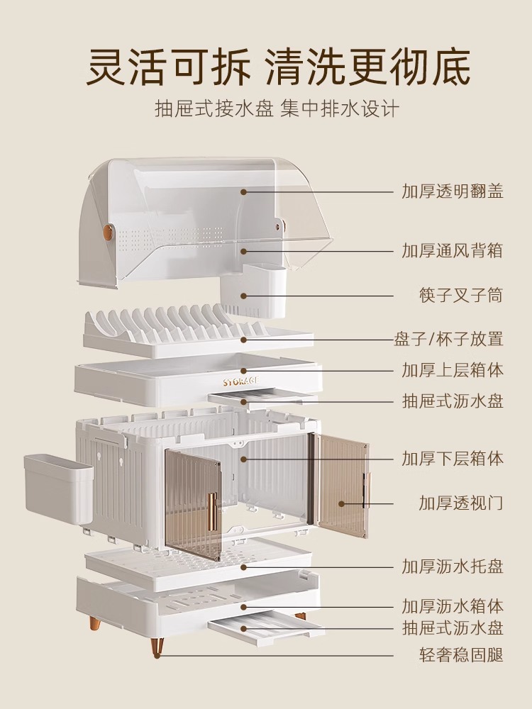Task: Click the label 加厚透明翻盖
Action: [x=453, y=191]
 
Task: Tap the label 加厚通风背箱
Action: [x=453, y=250]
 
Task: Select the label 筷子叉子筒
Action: [x=461, y=295]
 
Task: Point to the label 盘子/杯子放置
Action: [x=449, y=339]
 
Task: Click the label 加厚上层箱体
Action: [x=453, y=370]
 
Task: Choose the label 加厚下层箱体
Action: [x=453, y=459]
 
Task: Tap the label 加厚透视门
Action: [x=461, y=503]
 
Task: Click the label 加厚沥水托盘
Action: [x=453, y=566]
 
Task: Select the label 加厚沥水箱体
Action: [x=453, y=607]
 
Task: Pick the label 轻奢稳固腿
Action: [x=461, y=655]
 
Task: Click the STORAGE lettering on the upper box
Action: [x=241, y=381]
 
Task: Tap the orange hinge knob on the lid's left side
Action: [x=108, y=232]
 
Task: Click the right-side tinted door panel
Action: [x=342, y=486]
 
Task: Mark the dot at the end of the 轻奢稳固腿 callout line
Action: [x=159, y=655]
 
